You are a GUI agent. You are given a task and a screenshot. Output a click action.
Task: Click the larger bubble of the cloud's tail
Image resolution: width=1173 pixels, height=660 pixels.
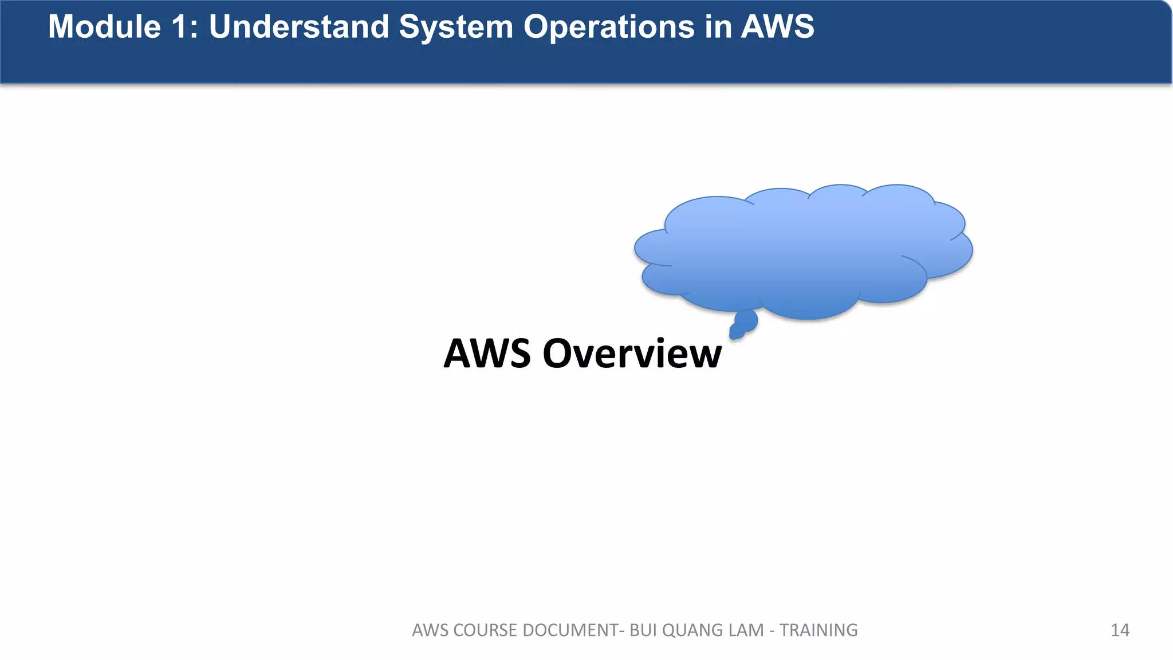point(747,320)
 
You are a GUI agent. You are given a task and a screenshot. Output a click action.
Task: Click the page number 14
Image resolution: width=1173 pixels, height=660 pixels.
point(1120,630)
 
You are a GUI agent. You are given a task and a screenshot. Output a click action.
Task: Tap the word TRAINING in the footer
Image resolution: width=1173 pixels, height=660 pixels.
point(818,630)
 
